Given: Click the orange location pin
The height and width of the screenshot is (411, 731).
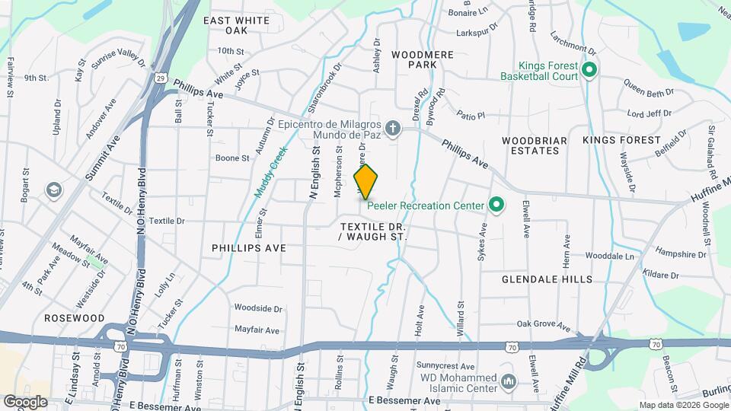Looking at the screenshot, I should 366,181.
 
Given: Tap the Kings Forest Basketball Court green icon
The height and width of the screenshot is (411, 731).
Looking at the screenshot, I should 589,71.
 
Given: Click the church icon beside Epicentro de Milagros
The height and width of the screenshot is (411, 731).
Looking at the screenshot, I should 392,128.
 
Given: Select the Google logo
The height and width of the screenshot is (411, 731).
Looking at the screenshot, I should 25,401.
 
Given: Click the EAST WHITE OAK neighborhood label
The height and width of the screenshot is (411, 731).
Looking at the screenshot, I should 237,24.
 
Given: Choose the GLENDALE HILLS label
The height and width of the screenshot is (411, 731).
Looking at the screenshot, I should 547,279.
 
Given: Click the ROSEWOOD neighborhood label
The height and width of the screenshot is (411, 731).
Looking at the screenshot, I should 74,317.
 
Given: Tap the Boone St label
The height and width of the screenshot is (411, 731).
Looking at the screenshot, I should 232,158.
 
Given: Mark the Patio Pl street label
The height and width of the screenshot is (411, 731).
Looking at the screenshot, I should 471,116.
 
